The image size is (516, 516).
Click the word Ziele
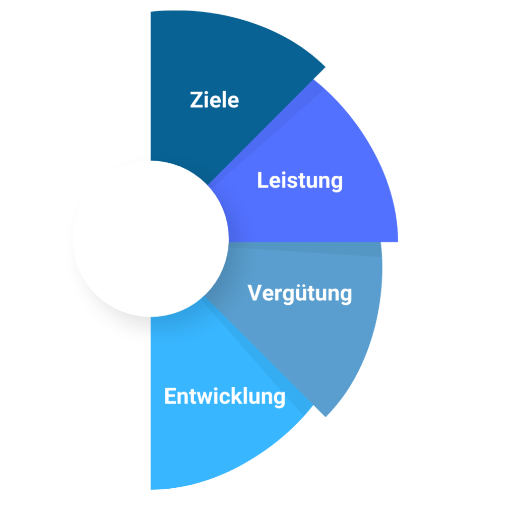(214, 100)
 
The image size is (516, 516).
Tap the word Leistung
(300, 181)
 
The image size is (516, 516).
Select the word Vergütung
(300, 293)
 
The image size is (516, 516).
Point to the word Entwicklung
(225, 397)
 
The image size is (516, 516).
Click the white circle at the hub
(150, 239)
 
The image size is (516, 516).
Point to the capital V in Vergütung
(255, 293)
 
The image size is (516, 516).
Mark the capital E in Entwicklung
(170, 397)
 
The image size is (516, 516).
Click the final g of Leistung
(336, 183)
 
